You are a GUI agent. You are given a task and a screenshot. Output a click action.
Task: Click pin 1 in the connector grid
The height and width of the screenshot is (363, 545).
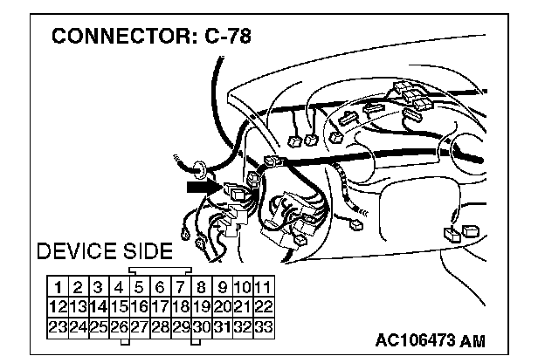(57, 286)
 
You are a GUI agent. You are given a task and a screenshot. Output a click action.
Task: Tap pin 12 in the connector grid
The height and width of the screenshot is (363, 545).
(57, 306)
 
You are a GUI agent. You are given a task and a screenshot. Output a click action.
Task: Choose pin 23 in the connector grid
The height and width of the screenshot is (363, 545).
(57, 327)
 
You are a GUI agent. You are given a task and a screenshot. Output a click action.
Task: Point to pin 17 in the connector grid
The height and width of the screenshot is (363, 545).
(161, 306)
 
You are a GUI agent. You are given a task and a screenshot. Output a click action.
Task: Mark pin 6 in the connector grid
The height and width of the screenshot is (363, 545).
(161, 286)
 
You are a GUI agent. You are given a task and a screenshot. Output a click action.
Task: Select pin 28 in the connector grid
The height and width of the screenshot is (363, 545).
(161, 327)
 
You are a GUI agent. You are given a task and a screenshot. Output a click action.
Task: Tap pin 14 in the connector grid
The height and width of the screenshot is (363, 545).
(98, 306)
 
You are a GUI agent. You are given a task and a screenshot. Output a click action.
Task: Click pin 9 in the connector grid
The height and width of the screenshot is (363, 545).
(223, 286)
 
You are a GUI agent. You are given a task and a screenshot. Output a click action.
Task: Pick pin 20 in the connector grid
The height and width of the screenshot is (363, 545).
(223, 306)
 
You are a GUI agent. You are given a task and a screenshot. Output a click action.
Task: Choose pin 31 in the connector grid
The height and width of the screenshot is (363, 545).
(223, 327)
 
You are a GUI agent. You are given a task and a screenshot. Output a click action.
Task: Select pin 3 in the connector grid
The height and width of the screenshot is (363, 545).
(98, 286)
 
